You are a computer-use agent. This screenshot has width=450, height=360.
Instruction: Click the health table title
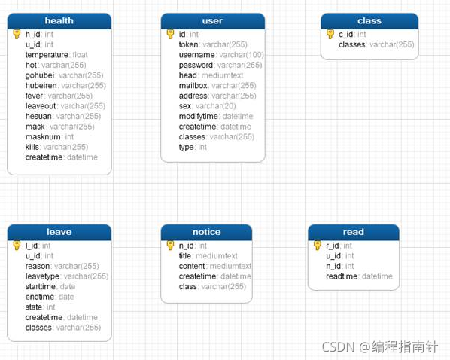pyautogui.click(x=59, y=20)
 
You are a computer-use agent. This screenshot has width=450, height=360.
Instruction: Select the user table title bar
pyautogui.click(x=213, y=21)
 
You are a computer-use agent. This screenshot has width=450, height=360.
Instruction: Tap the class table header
pyautogui.click(x=369, y=21)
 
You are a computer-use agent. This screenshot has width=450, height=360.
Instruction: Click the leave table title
pyautogui.click(x=59, y=232)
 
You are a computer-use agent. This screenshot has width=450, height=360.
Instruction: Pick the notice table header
pyautogui.click(x=206, y=232)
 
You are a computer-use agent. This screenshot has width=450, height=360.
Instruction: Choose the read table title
pyautogui.click(x=353, y=232)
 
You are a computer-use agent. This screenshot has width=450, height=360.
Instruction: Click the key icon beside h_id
pyautogui.click(x=17, y=34)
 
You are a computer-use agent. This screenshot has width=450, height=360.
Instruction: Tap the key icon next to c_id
pyautogui.click(x=330, y=34)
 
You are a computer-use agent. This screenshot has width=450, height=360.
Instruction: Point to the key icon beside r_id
pyautogui.click(x=318, y=245)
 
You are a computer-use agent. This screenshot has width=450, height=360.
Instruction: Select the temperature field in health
pyautogui.click(x=47, y=55)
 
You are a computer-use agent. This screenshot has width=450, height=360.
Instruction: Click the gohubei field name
pyautogui.click(x=40, y=75)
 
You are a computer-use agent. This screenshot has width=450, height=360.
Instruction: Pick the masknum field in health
pyautogui.click(x=43, y=137)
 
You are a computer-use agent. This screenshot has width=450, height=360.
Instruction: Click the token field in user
pyautogui.click(x=188, y=44)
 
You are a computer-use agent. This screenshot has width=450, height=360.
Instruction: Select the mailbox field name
pyautogui.click(x=193, y=86)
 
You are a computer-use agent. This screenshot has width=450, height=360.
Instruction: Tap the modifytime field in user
pyautogui.click(x=199, y=117)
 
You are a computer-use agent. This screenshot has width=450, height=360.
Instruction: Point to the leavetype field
pyautogui.click(x=42, y=276)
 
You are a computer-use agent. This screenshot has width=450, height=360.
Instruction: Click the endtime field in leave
pyautogui.click(x=40, y=297)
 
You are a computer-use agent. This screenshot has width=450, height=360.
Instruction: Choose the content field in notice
pyautogui.click(x=192, y=266)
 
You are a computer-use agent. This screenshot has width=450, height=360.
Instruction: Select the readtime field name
pyautogui.click(x=342, y=276)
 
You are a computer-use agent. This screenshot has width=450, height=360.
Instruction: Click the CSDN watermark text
pyautogui.click(x=339, y=347)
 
